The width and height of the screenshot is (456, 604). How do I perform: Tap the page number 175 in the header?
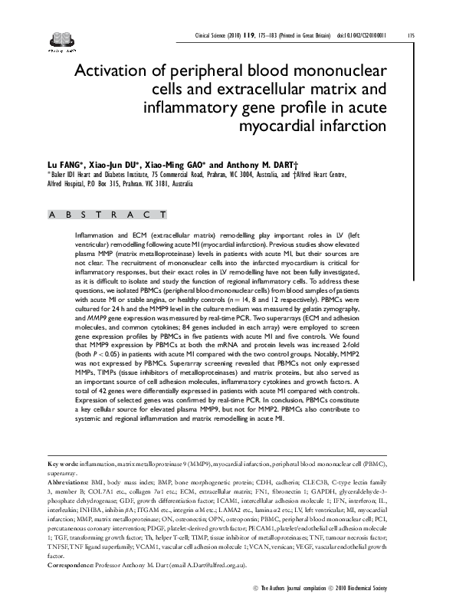(x=412, y=34)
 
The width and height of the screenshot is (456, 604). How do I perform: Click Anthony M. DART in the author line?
(x=263, y=164)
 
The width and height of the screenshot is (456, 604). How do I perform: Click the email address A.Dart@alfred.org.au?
(x=215, y=564)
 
